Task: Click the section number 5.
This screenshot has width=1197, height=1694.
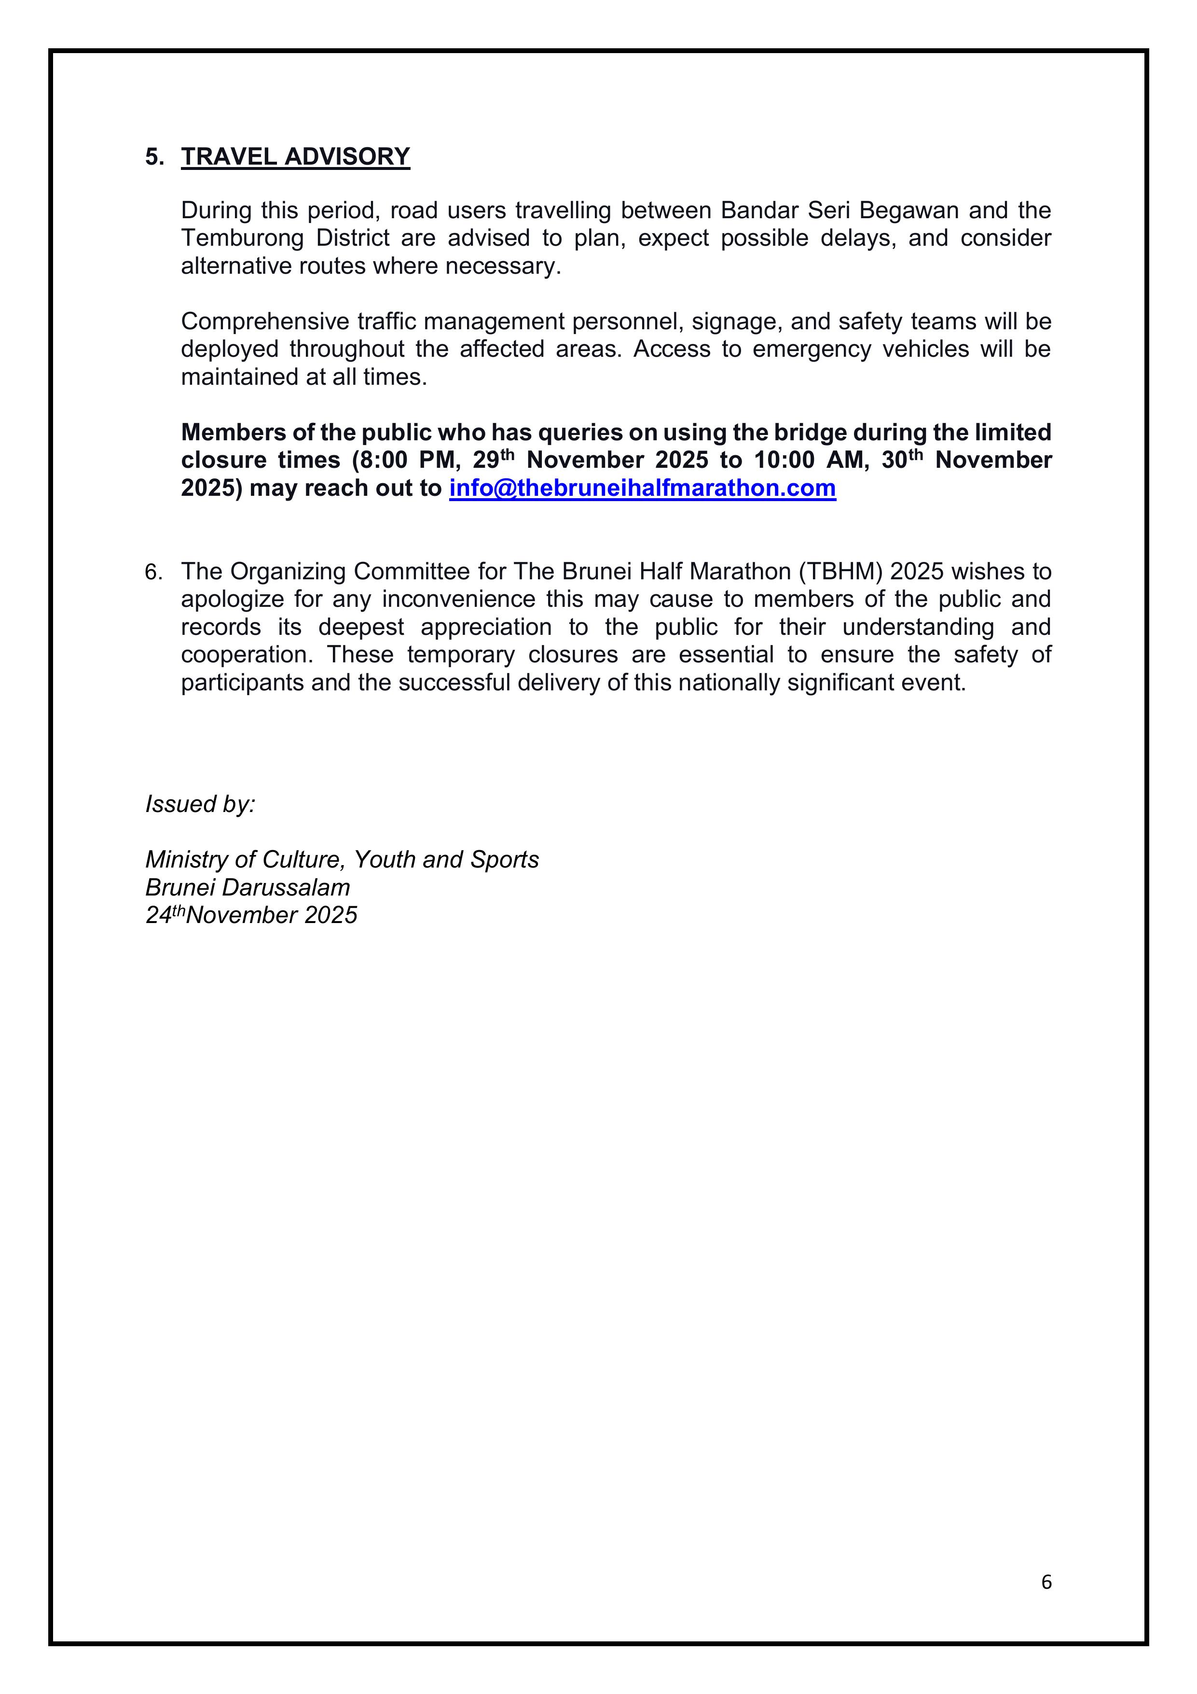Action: (154, 157)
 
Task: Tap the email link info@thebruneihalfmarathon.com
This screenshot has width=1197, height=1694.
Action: (642, 489)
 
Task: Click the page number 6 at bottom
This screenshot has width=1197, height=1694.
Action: (1046, 1582)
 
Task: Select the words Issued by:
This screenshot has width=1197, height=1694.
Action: (200, 804)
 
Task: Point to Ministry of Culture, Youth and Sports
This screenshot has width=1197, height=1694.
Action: (342, 859)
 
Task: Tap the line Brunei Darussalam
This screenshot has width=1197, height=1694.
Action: (247, 888)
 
